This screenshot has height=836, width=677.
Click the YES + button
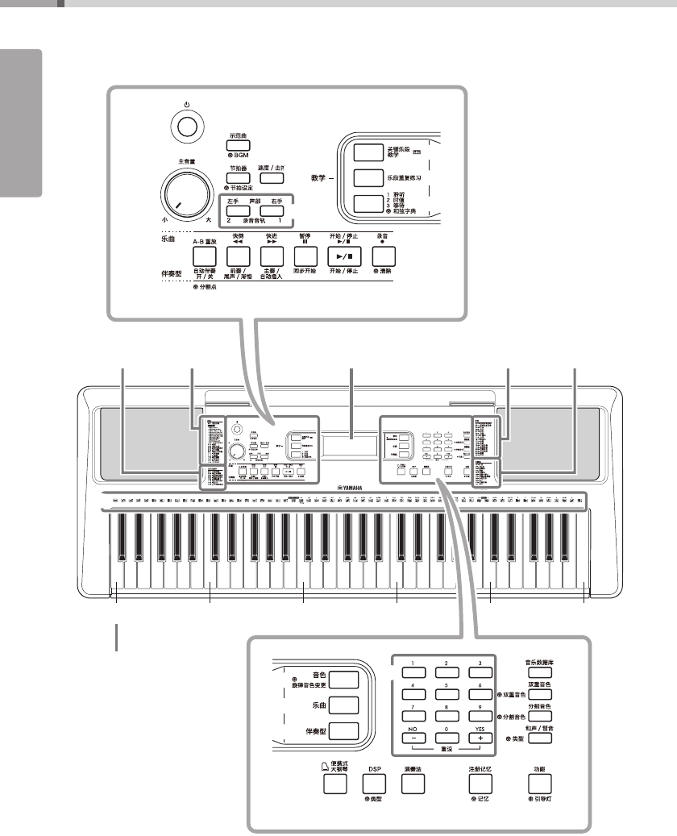click(482, 737)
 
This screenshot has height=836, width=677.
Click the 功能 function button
click(539, 782)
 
